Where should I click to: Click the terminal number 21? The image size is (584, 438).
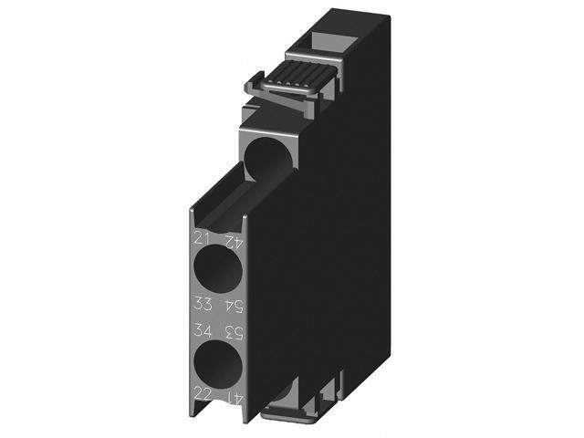[202, 240]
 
